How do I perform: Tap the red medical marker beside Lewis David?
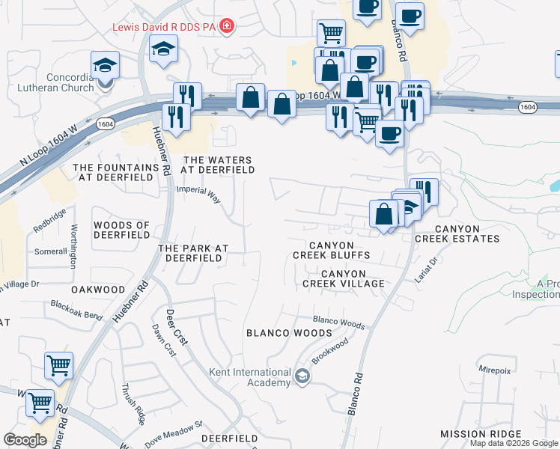tap(227, 27)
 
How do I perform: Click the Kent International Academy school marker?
tap(302, 376)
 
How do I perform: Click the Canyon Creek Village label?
tap(344, 278)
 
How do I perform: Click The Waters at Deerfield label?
tap(219, 165)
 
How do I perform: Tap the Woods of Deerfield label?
tap(121, 229)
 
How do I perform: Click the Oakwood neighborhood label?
tap(98, 289)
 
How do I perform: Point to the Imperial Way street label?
tap(198, 196)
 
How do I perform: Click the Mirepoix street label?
tap(497, 368)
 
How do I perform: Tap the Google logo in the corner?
tap(25, 440)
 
